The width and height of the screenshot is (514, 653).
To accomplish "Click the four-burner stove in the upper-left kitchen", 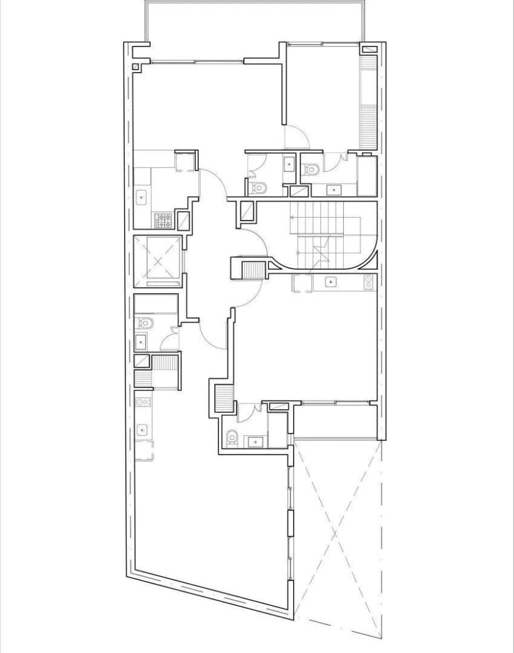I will [163, 220].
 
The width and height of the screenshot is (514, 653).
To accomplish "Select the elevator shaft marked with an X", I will [158, 260].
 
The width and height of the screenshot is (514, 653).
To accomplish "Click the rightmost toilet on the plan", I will [311, 167].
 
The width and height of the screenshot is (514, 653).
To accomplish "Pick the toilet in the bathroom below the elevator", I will [143, 323].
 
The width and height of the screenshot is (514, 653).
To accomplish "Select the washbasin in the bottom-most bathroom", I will [254, 441].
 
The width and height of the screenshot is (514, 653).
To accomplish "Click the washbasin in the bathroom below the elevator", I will [141, 341].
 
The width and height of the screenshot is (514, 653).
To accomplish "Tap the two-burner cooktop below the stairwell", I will [369, 282].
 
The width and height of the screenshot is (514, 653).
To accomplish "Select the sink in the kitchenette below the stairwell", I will [331, 283].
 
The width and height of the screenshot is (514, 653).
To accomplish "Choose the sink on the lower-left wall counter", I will [142, 429].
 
